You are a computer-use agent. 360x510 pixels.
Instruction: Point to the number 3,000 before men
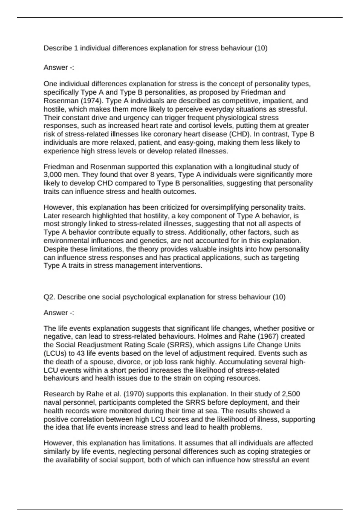pyautogui.click(x=52, y=175)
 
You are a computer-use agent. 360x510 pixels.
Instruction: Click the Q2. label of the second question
pyautogui.click(x=49, y=297)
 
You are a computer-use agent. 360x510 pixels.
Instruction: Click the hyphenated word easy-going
pyautogui.click(x=198, y=142)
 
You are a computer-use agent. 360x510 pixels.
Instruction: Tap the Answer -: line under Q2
pyautogui.click(x=59, y=313)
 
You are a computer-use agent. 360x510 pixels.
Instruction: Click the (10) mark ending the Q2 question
pyautogui.click(x=279, y=297)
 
